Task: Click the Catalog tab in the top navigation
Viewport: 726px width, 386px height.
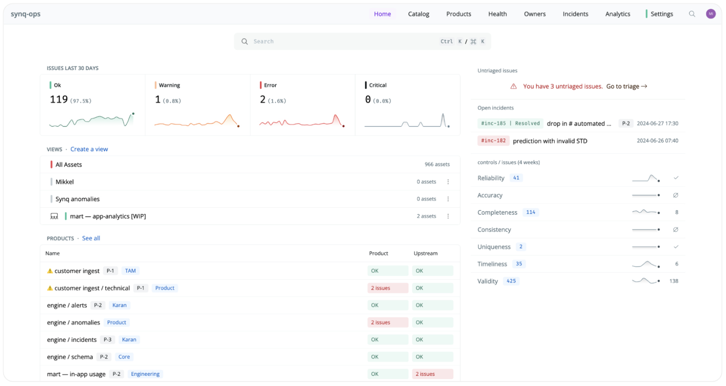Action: (418, 14)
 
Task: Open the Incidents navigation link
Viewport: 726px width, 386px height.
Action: (575, 14)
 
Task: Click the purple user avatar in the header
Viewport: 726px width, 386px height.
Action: (710, 14)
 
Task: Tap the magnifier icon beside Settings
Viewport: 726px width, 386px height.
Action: (692, 14)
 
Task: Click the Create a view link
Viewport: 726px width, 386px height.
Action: (89, 149)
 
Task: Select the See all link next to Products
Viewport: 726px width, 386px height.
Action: (91, 238)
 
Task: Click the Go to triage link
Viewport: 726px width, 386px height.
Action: (626, 86)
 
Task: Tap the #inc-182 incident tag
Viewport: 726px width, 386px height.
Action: (493, 141)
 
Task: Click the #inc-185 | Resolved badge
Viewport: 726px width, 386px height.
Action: (510, 123)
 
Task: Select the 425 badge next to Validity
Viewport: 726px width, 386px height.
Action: (511, 281)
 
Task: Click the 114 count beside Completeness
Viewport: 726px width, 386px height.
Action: (531, 212)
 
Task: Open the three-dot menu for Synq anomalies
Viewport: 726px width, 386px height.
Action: (448, 199)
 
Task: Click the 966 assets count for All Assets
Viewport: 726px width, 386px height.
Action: (437, 165)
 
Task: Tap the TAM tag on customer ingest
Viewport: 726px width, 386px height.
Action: (130, 271)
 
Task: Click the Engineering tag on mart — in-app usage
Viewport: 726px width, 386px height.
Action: (145, 374)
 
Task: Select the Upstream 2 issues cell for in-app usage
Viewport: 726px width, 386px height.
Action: (432, 374)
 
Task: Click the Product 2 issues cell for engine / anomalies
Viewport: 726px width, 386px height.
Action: (387, 322)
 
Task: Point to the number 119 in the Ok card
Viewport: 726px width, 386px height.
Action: (59, 100)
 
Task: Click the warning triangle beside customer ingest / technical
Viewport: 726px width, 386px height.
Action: (50, 288)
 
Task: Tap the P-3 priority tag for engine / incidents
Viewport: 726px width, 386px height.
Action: (107, 340)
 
